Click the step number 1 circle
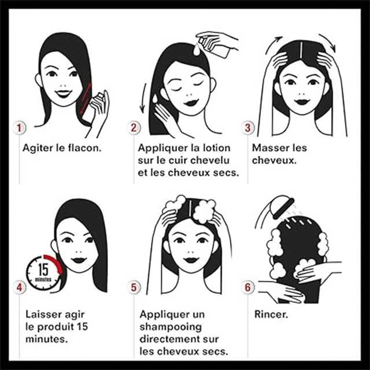click(19, 128)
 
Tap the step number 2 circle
click(134, 128)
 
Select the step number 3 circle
click(247, 128)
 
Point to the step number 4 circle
click(19, 287)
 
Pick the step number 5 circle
click(134, 287)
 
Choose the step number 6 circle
click(247, 287)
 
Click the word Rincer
click(271, 314)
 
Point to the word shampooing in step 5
click(171, 327)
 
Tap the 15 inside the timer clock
click(43, 269)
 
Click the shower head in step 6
click(283, 206)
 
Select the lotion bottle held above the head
click(214, 46)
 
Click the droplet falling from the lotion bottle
click(197, 50)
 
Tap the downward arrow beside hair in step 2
click(143, 98)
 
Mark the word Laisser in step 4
click(42, 314)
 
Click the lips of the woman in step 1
click(63, 93)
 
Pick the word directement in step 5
click(171, 339)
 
